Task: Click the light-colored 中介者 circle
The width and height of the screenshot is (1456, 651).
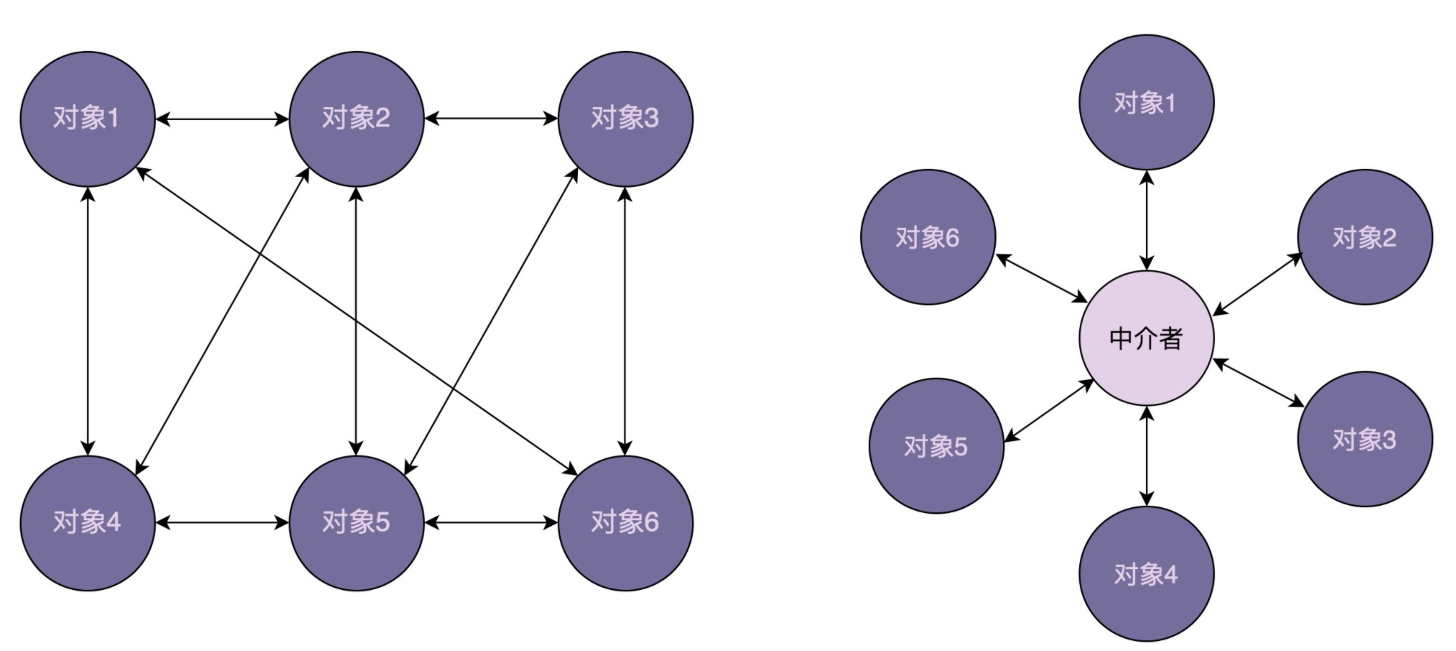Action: point(1146,338)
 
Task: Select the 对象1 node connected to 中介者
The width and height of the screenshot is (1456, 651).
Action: point(1146,103)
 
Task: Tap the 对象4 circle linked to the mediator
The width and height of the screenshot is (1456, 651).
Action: point(1146,574)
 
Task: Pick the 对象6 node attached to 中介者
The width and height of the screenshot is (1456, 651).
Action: point(928,237)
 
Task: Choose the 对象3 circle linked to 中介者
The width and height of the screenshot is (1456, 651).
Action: point(1364,439)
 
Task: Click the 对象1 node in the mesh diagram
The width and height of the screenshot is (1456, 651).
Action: point(87,119)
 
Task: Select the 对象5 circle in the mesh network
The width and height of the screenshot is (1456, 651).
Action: point(356,522)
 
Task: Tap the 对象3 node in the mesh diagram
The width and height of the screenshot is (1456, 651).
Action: point(625,119)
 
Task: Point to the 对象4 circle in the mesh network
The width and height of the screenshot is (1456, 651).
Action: point(87,522)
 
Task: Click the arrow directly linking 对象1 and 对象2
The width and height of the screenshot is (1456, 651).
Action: point(222,119)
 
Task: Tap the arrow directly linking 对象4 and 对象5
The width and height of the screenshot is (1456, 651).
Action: point(222,523)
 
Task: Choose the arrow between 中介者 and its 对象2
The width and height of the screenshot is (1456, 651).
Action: point(1256,285)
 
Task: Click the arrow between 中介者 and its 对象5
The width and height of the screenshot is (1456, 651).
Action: point(1048,410)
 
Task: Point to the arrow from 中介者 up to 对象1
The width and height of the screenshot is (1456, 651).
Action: point(1147,220)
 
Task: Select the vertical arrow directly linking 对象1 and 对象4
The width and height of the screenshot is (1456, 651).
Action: point(88,320)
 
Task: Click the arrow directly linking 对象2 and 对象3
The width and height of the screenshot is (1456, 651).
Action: point(491,119)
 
